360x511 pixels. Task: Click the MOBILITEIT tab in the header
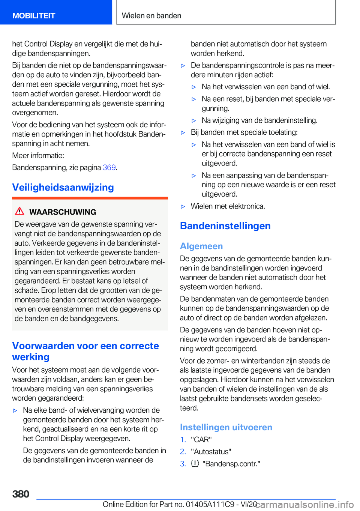(34, 16)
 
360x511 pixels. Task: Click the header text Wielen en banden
(151, 16)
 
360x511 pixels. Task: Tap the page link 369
(109, 168)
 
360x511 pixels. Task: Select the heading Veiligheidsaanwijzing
(63, 187)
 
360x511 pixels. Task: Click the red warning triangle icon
(19, 211)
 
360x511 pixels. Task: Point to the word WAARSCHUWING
(63, 212)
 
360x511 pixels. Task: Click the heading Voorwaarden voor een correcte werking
(85, 351)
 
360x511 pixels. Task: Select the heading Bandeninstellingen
(225, 226)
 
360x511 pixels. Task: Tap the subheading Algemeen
(201, 246)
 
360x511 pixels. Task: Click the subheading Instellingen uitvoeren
(226, 427)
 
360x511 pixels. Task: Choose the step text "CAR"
(201, 440)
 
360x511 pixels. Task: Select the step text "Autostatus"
(211, 452)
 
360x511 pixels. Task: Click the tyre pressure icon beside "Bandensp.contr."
(195, 464)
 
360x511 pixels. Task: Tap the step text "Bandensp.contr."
(231, 464)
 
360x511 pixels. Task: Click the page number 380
(21, 494)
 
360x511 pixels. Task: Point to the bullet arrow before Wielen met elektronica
(183, 206)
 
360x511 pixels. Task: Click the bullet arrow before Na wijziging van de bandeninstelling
(194, 120)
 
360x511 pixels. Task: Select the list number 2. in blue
(183, 452)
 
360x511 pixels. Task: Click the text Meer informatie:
(38, 156)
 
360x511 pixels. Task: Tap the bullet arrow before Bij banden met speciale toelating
(183, 132)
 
